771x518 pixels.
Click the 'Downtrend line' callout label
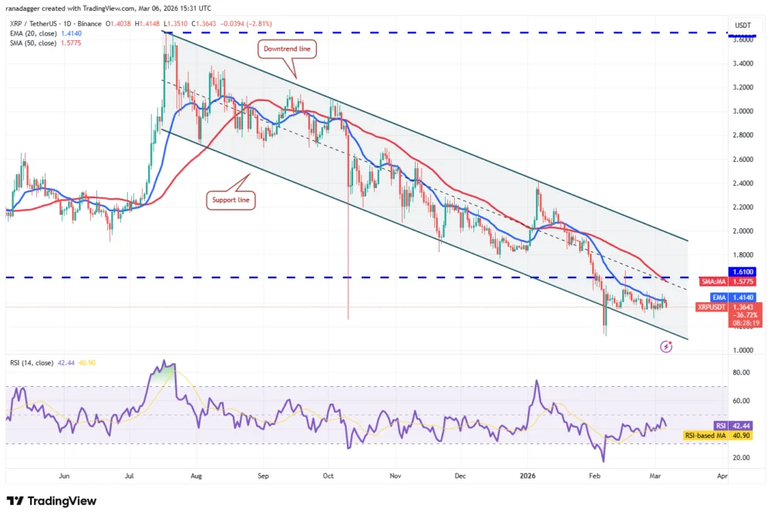287,49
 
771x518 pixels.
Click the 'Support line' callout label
231,200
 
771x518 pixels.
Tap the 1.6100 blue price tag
742,272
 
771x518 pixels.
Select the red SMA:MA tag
713,281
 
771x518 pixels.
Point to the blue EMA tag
719,298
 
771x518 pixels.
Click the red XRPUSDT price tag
712,307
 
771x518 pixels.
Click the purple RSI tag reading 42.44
720,425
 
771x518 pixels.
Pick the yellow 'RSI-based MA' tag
705,436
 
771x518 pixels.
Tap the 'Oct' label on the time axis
328,476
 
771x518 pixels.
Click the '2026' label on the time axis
527,476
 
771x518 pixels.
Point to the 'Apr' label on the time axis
722,476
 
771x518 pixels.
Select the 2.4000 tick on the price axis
742,183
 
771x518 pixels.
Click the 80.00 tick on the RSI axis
741,372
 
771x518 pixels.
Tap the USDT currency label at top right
742,25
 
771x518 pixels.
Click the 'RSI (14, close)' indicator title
32,363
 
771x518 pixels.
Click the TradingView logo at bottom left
52,501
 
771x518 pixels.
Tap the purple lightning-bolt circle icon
666,346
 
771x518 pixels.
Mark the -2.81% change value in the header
261,24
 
